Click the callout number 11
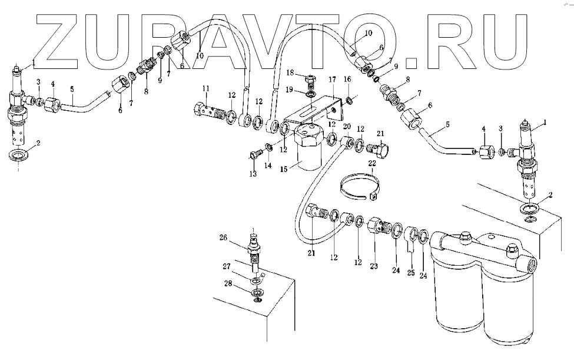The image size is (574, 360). click(206, 88)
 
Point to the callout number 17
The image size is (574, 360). click(332, 79)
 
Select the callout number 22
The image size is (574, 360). click(372, 163)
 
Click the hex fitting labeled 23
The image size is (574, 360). click(376, 226)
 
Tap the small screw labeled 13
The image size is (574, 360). click(254, 154)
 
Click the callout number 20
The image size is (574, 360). click(347, 126)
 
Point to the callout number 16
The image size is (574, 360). click(347, 78)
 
